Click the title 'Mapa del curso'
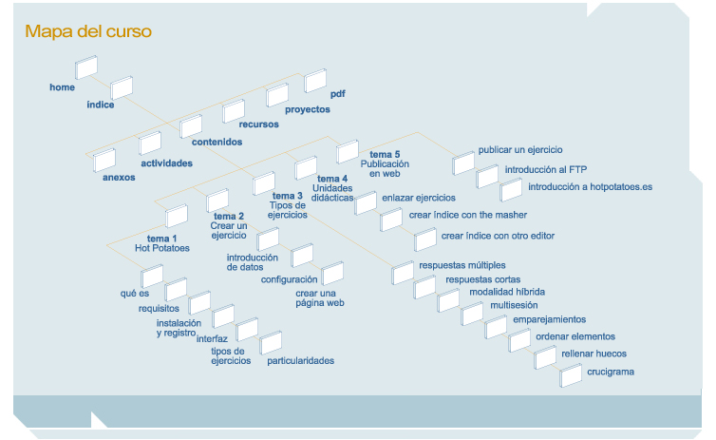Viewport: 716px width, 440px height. (x=88, y=31)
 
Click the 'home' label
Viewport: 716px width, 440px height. (x=62, y=87)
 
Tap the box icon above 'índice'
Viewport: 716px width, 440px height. (x=122, y=88)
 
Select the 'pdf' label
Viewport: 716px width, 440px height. (x=338, y=94)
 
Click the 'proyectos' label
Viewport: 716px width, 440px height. (x=308, y=109)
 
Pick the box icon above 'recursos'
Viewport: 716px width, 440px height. (x=235, y=111)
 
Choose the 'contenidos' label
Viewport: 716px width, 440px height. (x=217, y=142)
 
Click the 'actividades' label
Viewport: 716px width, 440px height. (x=166, y=163)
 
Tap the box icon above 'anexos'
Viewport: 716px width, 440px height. (x=104, y=160)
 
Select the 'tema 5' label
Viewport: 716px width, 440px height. (x=385, y=154)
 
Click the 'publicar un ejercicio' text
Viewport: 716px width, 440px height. (x=520, y=149)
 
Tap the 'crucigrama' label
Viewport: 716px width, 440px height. (x=611, y=371)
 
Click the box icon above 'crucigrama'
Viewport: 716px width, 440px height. (x=571, y=375)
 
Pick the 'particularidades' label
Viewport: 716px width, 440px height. (x=300, y=360)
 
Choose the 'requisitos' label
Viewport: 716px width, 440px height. (x=157, y=309)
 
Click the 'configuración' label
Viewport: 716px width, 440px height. (x=289, y=279)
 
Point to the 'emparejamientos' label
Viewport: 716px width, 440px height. (x=549, y=318)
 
